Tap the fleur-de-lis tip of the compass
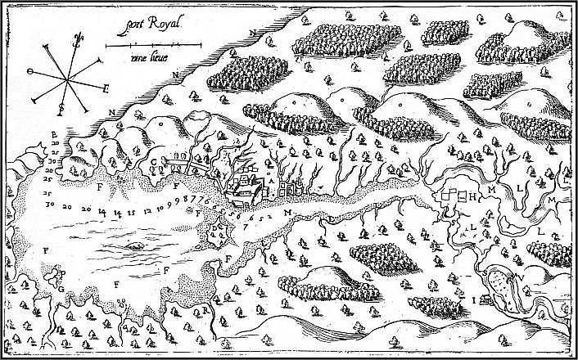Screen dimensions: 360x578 point(77,37)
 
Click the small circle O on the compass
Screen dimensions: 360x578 point(30,72)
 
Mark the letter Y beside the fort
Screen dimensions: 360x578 point(219,174)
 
